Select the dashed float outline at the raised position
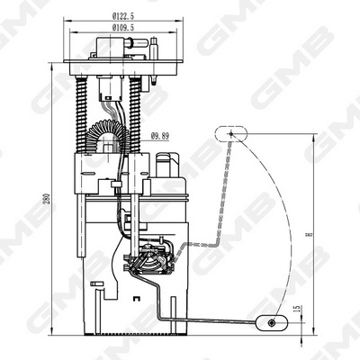[230, 134]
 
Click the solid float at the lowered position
[273, 321]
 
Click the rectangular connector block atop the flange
[111, 48]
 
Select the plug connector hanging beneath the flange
[112, 86]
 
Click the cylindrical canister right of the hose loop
[168, 165]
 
